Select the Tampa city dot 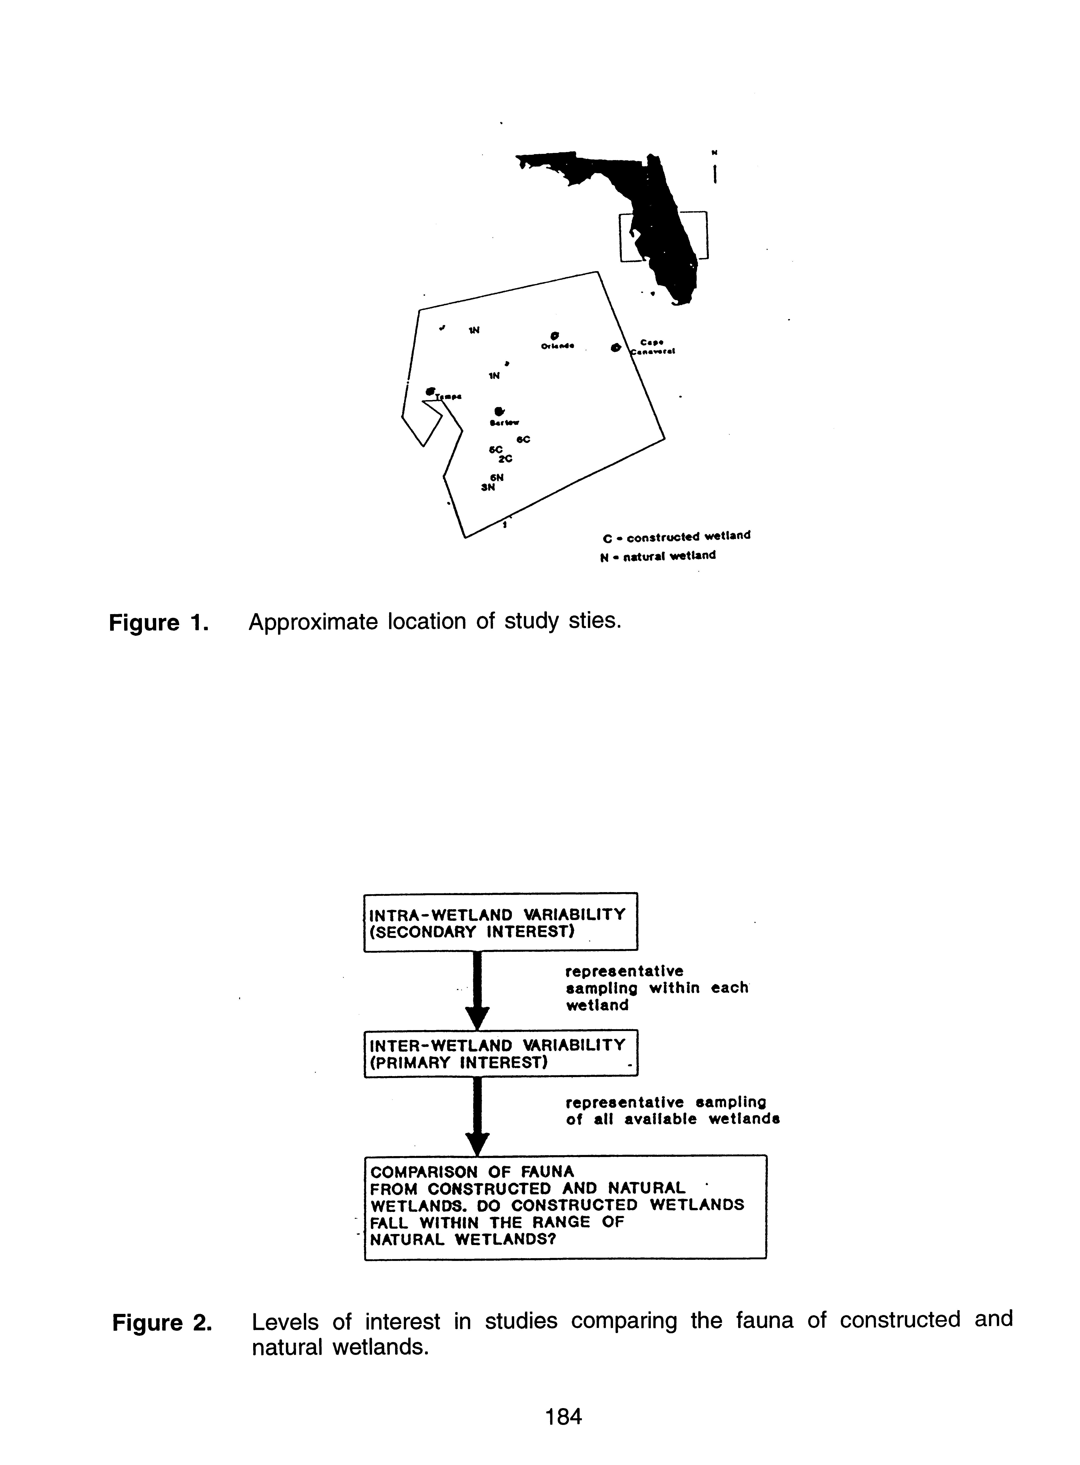430,391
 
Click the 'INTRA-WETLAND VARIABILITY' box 500,922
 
